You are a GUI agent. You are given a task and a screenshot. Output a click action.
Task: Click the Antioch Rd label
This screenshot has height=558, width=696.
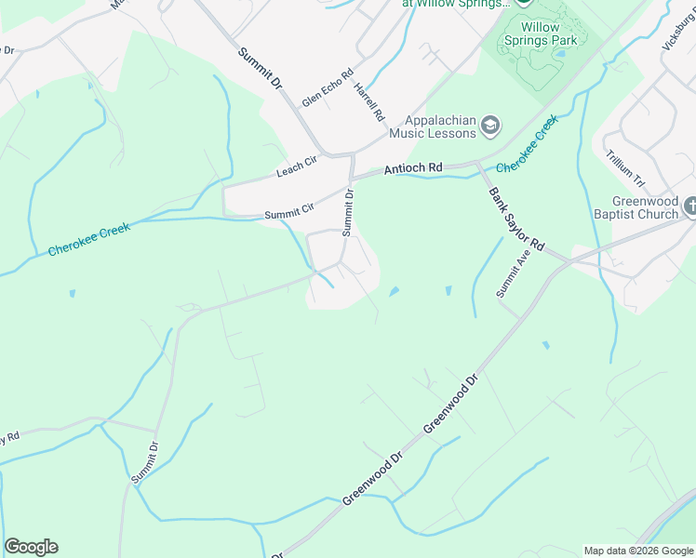click(x=413, y=168)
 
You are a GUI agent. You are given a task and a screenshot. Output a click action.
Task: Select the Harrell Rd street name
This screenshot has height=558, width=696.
click(x=369, y=101)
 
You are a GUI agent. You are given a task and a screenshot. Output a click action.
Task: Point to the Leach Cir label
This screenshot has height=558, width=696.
click(x=297, y=167)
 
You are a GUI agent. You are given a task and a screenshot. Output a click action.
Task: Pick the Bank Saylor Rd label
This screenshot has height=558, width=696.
click(x=515, y=217)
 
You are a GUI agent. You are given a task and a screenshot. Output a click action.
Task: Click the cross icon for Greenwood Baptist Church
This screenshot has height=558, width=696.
click(x=689, y=206)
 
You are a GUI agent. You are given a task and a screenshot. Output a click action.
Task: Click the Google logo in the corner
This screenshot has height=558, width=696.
click(x=31, y=547)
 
